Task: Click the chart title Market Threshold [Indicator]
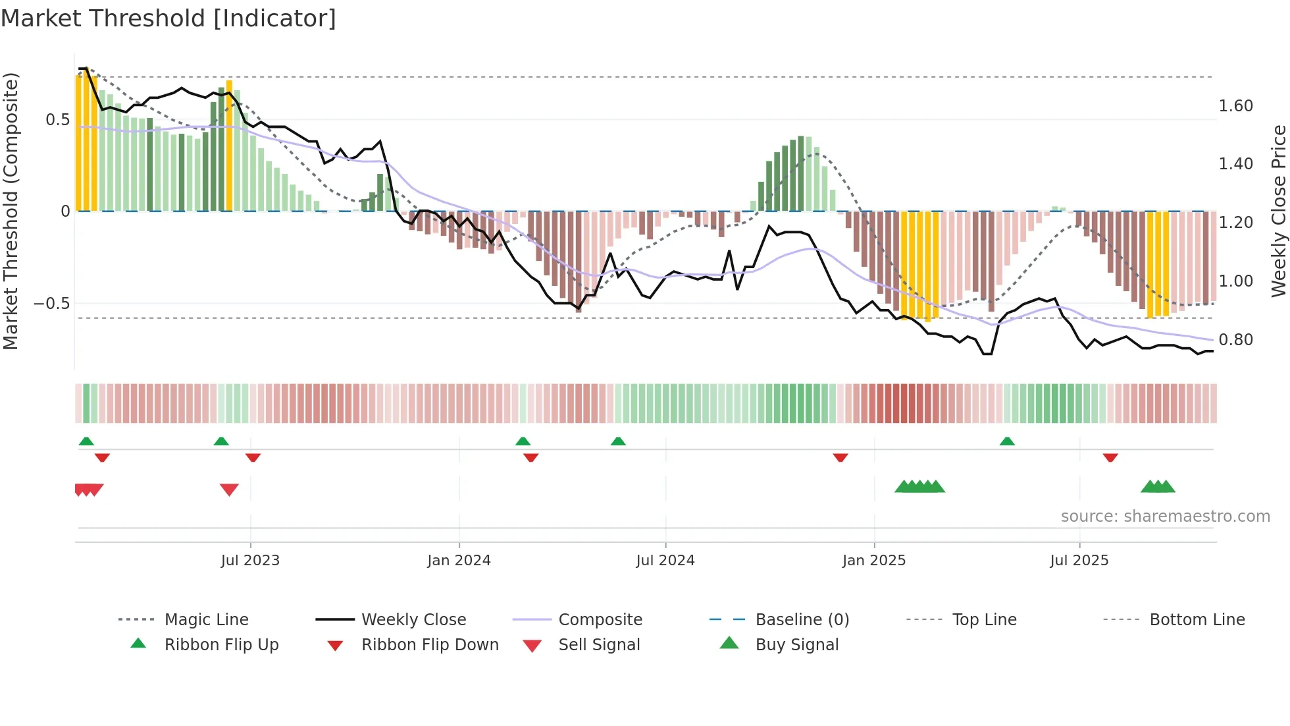[168, 18]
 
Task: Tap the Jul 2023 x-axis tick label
[250, 561]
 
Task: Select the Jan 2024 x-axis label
[459, 561]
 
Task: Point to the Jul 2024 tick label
[665, 561]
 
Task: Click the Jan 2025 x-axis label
[873, 561]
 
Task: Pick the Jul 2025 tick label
[1079, 561]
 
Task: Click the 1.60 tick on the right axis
[1235, 106]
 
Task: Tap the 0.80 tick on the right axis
[1235, 340]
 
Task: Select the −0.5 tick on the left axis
[51, 304]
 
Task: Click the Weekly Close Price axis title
[1278, 211]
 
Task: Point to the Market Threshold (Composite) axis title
[11, 211]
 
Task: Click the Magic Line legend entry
[206, 620]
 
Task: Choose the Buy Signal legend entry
[796, 645]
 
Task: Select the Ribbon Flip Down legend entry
[430, 645]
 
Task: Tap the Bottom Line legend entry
[1197, 620]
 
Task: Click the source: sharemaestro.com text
[1165, 517]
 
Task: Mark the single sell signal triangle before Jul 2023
[229, 489]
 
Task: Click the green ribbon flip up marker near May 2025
[1007, 441]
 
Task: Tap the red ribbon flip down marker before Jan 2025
[840, 457]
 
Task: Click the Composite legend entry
[600, 620]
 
